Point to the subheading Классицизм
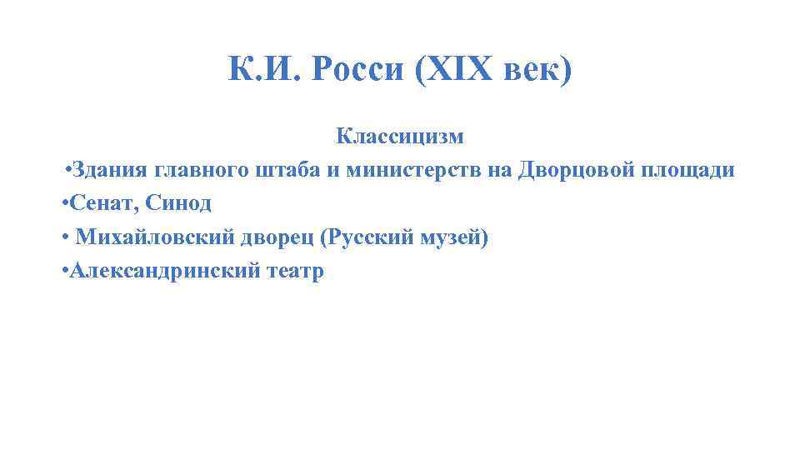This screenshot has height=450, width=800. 400,135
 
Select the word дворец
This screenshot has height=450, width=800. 270,238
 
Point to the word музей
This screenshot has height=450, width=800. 450,238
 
